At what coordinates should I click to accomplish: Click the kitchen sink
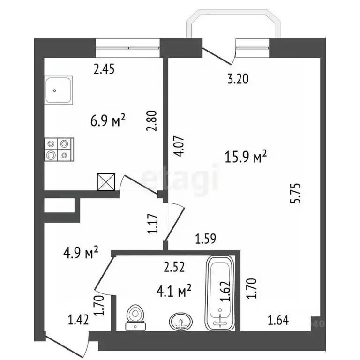60,91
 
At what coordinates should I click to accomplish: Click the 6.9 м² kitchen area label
108,121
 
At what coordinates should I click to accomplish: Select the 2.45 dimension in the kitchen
104,70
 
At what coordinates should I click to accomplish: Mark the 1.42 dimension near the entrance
78,321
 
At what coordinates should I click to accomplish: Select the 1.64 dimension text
277,321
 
